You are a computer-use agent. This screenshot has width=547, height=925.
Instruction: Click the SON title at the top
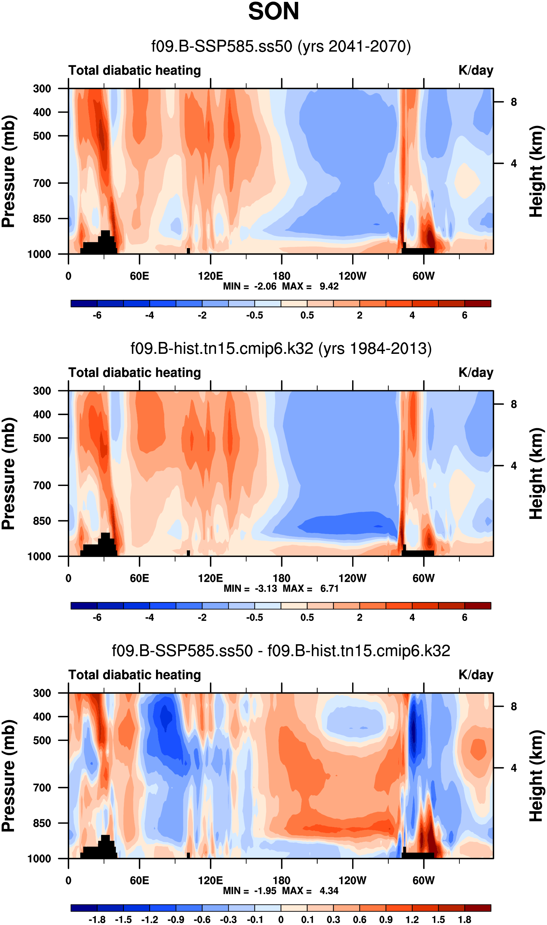(x=273, y=12)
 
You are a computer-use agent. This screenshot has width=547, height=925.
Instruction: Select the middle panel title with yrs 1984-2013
(x=281, y=349)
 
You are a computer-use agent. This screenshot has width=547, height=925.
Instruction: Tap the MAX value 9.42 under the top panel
(x=329, y=286)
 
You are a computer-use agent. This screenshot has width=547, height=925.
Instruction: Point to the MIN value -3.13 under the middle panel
(x=266, y=588)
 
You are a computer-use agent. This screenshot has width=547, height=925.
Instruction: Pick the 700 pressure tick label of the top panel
(x=42, y=183)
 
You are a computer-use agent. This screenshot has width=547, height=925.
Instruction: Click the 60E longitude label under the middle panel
(x=139, y=578)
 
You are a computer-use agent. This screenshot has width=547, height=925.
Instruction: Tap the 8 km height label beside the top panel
(x=513, y=102)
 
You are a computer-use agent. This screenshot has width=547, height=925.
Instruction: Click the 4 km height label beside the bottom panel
(x=513, y=768)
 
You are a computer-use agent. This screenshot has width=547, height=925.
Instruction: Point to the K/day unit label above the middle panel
(x=476, y=373)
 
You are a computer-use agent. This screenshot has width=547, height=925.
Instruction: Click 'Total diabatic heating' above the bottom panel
(x=135, y=675)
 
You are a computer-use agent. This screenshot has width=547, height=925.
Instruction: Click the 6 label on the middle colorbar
(x=464, y=617)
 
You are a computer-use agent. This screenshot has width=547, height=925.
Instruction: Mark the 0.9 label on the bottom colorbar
(x=386, y=919)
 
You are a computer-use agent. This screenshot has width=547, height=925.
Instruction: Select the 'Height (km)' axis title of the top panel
(x=536, y=171)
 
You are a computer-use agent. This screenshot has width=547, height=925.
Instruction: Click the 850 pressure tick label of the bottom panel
(x=42, y=823)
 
